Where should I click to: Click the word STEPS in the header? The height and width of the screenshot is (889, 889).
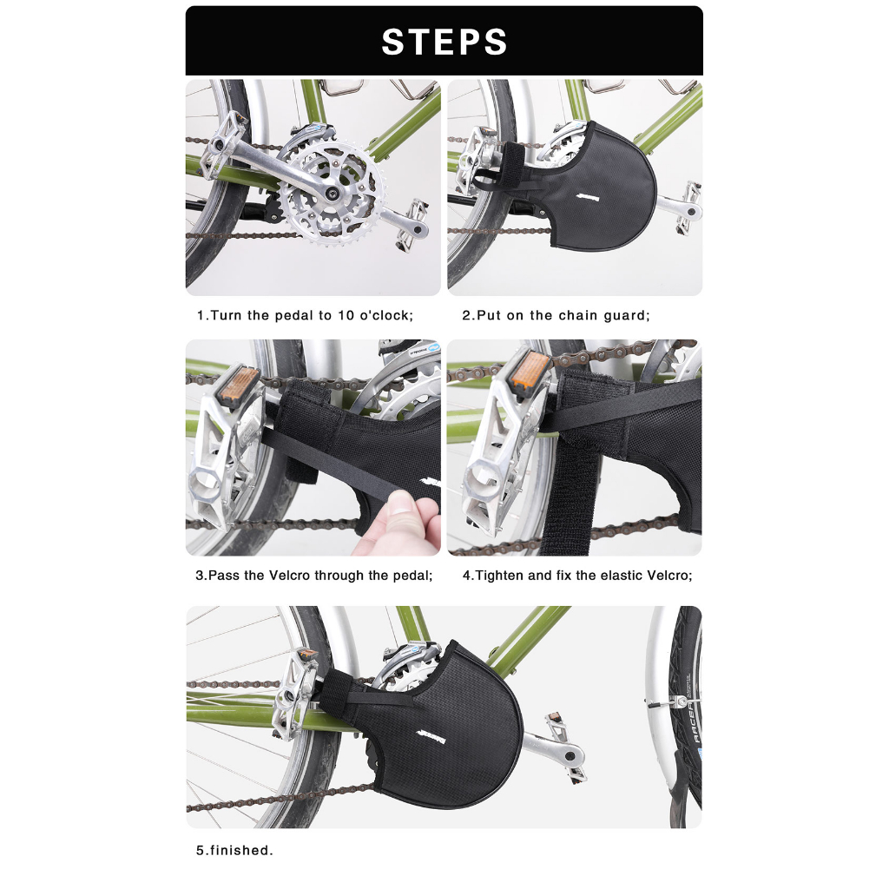coord(444,42)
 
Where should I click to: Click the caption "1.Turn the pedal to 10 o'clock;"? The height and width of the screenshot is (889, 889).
coord(305,316)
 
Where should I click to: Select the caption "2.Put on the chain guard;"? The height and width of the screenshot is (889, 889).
coord(556,316)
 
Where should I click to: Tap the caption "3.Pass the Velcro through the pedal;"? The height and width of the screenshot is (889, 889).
coord(314,576)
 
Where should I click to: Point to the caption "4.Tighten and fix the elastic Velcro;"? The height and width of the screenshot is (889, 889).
coord(577,576)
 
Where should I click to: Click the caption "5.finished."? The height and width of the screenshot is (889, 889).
coord(234,851)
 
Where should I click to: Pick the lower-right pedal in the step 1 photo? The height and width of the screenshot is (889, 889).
coord(412,223)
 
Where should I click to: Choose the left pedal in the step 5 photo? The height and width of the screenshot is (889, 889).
coord(295,695)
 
